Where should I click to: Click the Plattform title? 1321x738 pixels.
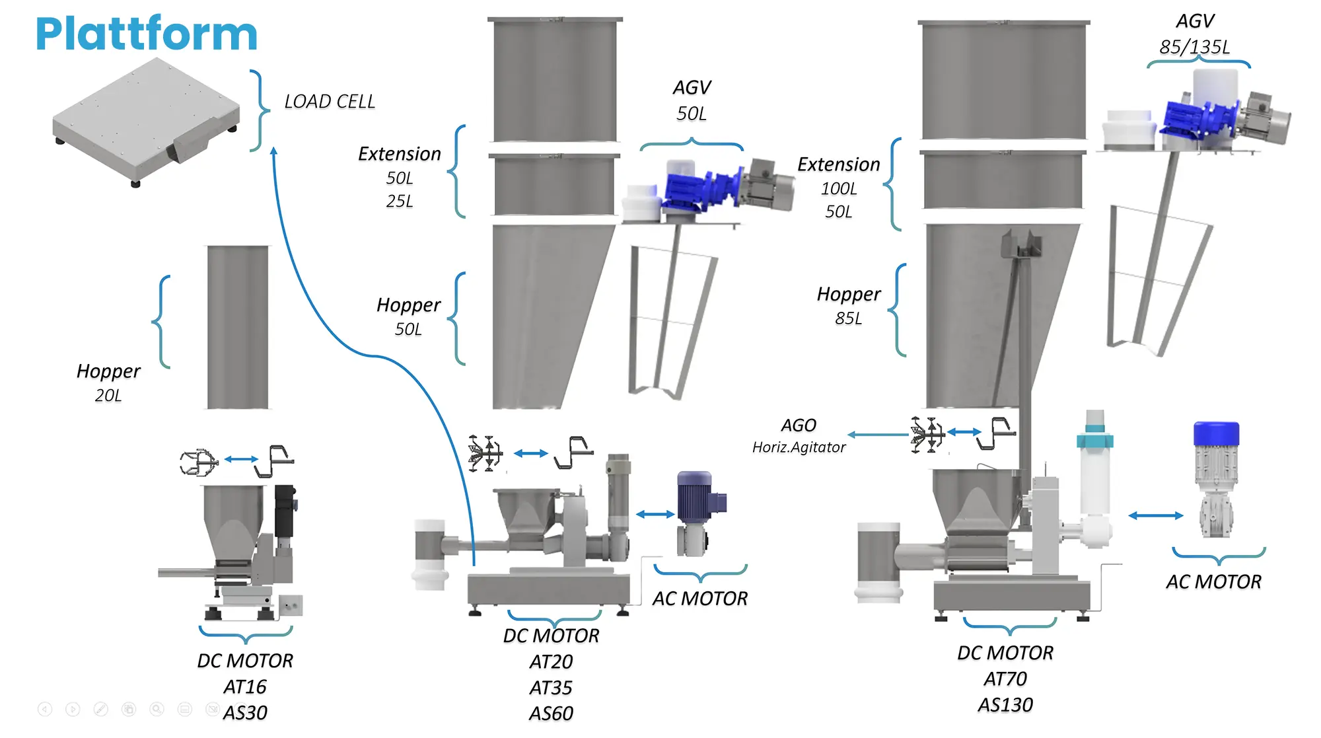click(x=146, y=34)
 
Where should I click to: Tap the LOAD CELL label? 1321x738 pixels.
click(x=330, y=102)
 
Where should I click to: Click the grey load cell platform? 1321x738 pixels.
click(x=146, y=122)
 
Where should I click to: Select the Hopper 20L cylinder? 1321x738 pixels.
click(x=238, y=327)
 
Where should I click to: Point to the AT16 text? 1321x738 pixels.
click(x=245, y=687)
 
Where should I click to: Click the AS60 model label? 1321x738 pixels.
click(x=551, y=714)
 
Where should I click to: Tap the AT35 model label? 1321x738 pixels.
click(x=551, y=688)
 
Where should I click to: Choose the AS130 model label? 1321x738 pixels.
click(x=1005, y=705)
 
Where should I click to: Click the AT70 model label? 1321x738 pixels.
click(x=1005, y=679)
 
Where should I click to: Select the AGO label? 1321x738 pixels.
click(x=799, y=425)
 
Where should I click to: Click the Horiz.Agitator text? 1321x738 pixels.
click(x=799, y=447)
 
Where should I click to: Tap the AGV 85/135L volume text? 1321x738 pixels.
click(x=1195, y=47)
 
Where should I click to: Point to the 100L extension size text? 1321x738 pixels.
click(x=839, y=189)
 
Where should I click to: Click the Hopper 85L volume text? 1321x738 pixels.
click(x=849, y=318)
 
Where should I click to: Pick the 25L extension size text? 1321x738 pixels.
click(x=400, y=201)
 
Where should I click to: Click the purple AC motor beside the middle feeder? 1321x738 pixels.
click(x=699, y=513)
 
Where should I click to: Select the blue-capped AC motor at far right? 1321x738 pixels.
click(x=1217, y=479)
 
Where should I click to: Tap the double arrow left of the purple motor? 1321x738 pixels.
click(x=655, y=514)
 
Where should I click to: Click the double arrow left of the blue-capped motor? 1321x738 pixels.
click(x=1155, y=515)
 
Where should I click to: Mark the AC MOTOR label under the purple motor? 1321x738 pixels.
click(x=700, y=599)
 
